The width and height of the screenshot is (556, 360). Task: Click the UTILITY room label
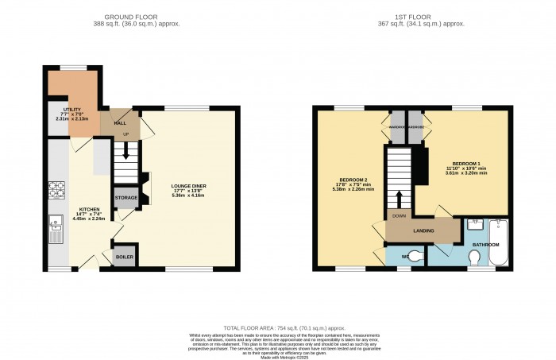[x=61, y=110]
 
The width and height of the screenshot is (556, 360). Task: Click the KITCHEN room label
[x=89, y=210]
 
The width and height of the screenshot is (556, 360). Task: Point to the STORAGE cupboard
[x=126, y=198]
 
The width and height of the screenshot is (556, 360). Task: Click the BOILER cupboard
[x=125, y=257]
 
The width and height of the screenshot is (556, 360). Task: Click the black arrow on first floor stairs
[x=400, y=198]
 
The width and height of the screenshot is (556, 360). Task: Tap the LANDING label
[x=423, y=231]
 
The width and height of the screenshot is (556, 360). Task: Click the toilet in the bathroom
[x=474, y=257]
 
